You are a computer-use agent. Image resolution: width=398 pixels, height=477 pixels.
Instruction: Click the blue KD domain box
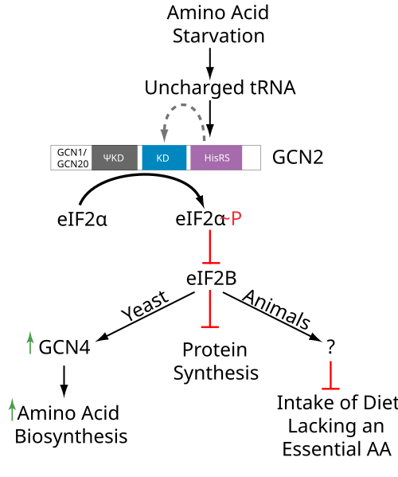point(164,158)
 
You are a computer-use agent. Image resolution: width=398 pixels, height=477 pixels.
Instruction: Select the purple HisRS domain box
point(217,158)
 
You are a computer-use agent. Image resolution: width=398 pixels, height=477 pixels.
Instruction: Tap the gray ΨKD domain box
point(115,158)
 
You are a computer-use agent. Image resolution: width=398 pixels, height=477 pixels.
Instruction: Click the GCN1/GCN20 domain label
point(72,158)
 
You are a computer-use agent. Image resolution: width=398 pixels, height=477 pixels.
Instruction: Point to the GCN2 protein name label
point(298,158)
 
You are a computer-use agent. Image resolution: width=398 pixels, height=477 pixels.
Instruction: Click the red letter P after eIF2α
point(236,218)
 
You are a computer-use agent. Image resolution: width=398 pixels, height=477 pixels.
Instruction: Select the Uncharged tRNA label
point(220,88)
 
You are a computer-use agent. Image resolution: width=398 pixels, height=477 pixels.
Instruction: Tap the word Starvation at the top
point(219,36)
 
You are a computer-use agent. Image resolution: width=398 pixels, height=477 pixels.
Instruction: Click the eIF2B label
point(211,279)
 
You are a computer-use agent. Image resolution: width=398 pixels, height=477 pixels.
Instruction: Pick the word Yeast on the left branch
point(144,306)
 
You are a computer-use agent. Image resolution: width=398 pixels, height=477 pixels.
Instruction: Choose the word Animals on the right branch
point(276,310)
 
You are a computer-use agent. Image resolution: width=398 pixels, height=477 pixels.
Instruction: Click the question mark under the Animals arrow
point(330,346)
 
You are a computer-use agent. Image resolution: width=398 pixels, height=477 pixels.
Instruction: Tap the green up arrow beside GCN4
point(29,343)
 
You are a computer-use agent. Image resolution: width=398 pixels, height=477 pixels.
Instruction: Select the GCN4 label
point(64,347)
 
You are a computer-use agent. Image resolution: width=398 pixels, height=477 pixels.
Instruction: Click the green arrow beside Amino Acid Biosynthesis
point(12,409)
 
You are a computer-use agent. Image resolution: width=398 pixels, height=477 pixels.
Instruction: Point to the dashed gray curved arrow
point(183,105)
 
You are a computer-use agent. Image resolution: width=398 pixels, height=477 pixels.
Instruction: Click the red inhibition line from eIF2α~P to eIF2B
point(210,247)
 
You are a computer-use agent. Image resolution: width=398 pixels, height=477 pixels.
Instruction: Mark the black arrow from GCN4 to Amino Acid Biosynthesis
point(64,381)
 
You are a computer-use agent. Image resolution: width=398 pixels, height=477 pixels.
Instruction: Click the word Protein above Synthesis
point(215,350)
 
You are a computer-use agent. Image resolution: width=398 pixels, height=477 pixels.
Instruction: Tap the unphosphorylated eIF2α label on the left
point(82,220)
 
